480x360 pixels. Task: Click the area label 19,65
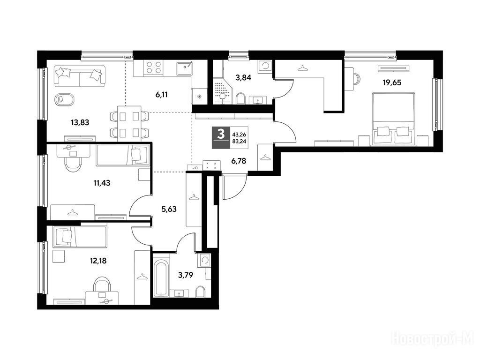click(x=391, y=82)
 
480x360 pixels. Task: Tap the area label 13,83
click(x=80, y=123)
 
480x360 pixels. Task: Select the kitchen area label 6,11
click(x=161, y=95)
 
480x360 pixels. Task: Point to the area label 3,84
click(x=243, y=78)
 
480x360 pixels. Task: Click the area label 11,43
click(x=102, y=183)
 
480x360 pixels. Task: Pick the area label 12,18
click(x=98, y=261)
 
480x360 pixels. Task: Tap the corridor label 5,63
click(x=169, y=209)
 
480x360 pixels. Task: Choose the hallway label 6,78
click(x=239, y=161)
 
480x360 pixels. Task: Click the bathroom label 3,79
click(x=186, y=275)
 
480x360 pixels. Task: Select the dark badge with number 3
click(x=220, y=137)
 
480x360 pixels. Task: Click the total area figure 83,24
click(x=240, y=142)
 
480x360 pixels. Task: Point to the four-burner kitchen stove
click(x=153, y=67)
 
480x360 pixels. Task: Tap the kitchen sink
click(x=185, y=67)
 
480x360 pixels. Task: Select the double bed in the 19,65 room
click(x=393, y=119)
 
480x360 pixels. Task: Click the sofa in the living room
click(x=79, y=75)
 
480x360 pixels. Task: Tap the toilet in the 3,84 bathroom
click(x=241, y=98)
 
